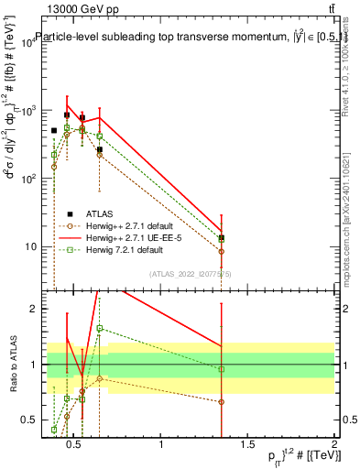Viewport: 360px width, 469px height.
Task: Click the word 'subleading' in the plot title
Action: click(153, 37)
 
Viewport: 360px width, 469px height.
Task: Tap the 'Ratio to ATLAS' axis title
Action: click(12, 365)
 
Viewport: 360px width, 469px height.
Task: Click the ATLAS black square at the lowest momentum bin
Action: click(54, 131)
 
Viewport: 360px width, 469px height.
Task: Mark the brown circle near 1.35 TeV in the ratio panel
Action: click(222, 401)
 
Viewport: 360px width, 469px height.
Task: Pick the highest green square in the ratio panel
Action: click(100, 328)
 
